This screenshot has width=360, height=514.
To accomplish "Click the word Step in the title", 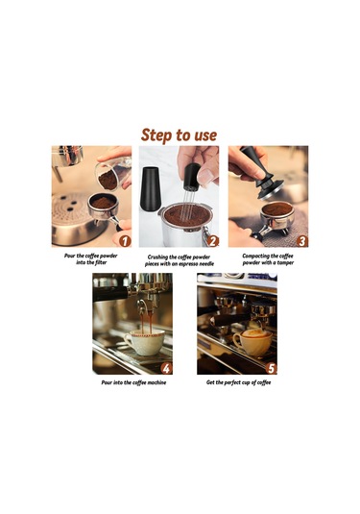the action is (x=156, y=135).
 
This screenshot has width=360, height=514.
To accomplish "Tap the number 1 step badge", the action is (x=125, y=241).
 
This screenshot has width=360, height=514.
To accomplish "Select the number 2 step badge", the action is (x=212, y=241).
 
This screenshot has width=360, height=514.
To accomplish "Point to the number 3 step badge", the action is (x=302, y=241).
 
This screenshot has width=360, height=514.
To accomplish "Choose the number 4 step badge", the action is (x=166, y=369).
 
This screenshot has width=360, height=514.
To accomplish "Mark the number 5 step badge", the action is (x=271, y=369).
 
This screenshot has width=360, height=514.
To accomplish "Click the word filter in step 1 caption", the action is (x=100, y=262).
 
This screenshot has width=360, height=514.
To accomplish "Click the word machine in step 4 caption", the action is (x=156, y=382).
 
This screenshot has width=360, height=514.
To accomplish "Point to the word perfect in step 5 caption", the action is (x=234, y=382).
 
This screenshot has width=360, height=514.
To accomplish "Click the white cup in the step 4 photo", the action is (x=145, y=343).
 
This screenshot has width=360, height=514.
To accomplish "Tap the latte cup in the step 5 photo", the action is (x=252, y=343).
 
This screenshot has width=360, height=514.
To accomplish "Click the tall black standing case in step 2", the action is (x=151, y=188).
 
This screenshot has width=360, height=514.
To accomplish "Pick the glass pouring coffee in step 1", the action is (x=113, y=174).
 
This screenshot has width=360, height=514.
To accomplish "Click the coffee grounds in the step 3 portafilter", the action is (x=277, y=209).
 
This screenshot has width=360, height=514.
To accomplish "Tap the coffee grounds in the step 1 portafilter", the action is (x=103, y=203).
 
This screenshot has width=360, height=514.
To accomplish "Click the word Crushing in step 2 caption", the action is (x=157, y=257).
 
